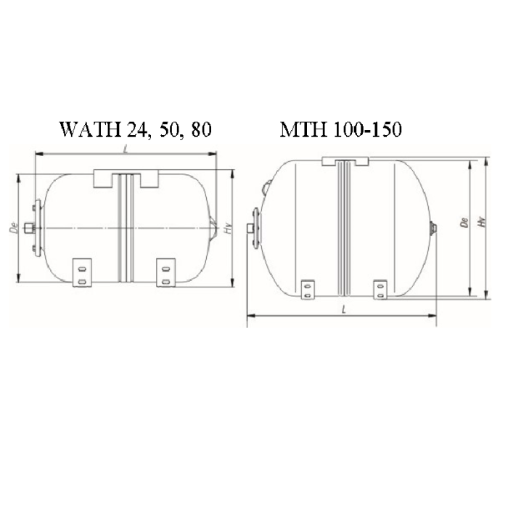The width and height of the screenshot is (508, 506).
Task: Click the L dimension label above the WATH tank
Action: tap(127, 150)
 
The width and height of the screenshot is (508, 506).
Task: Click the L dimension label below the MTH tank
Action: tap(340, 310)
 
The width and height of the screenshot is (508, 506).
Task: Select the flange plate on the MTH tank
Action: tap(255, 230)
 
